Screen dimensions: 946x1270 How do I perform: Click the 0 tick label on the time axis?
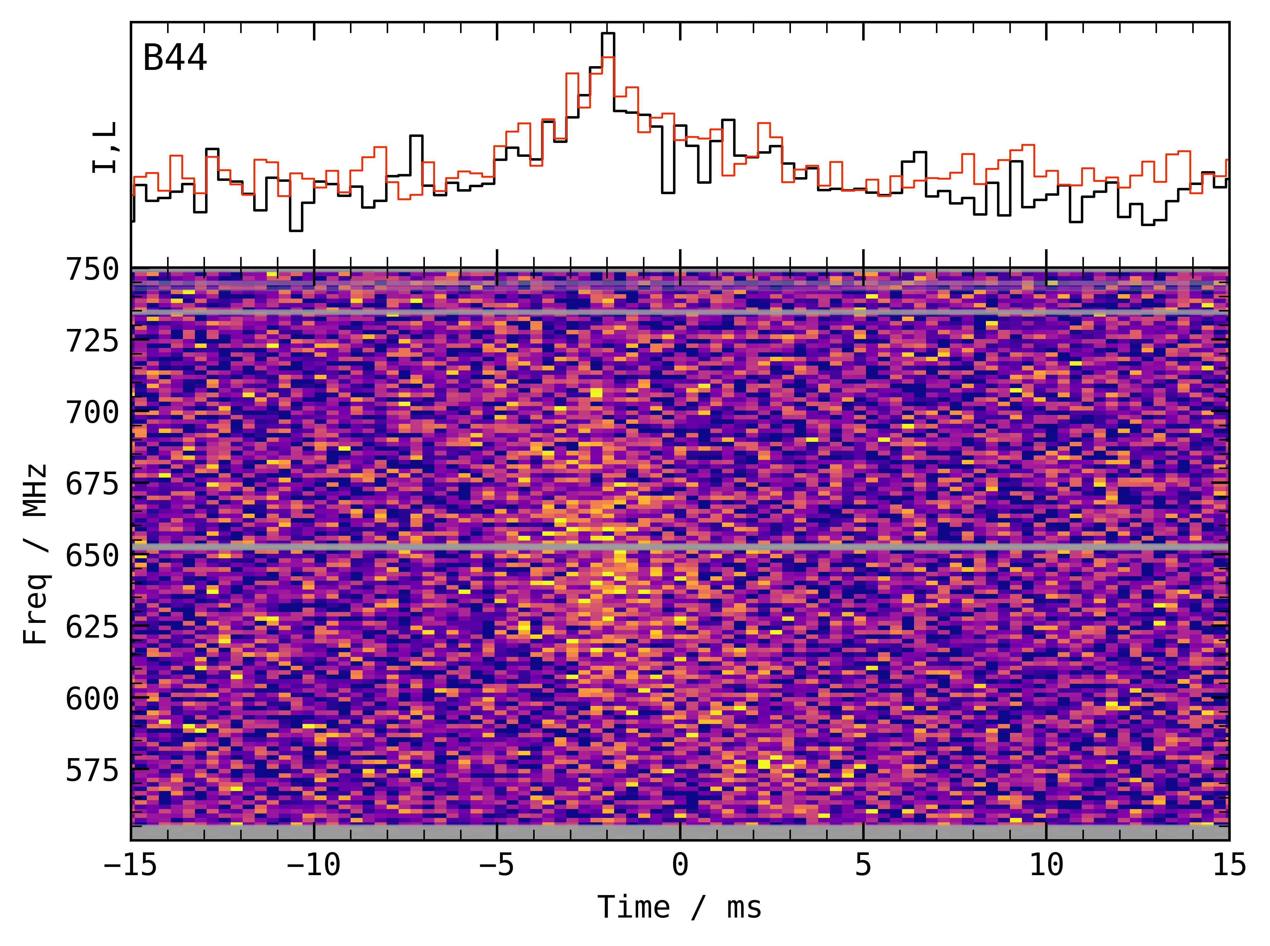coord(680,865)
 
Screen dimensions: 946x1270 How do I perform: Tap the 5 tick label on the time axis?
coord(863,865)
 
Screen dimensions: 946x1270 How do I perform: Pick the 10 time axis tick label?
coord(1047,865)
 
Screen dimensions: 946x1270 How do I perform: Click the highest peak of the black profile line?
coord(608,34)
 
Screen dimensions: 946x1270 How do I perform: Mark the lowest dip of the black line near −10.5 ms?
coord(296,230)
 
